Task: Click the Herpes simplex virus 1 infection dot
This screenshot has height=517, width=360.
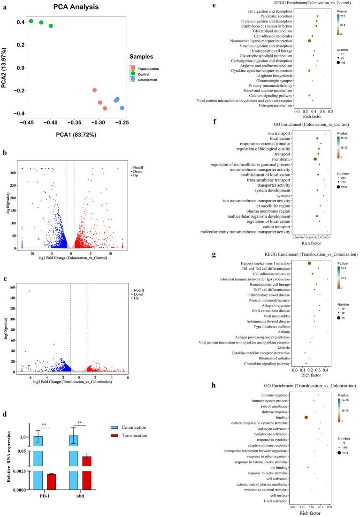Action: pos(309,263)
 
